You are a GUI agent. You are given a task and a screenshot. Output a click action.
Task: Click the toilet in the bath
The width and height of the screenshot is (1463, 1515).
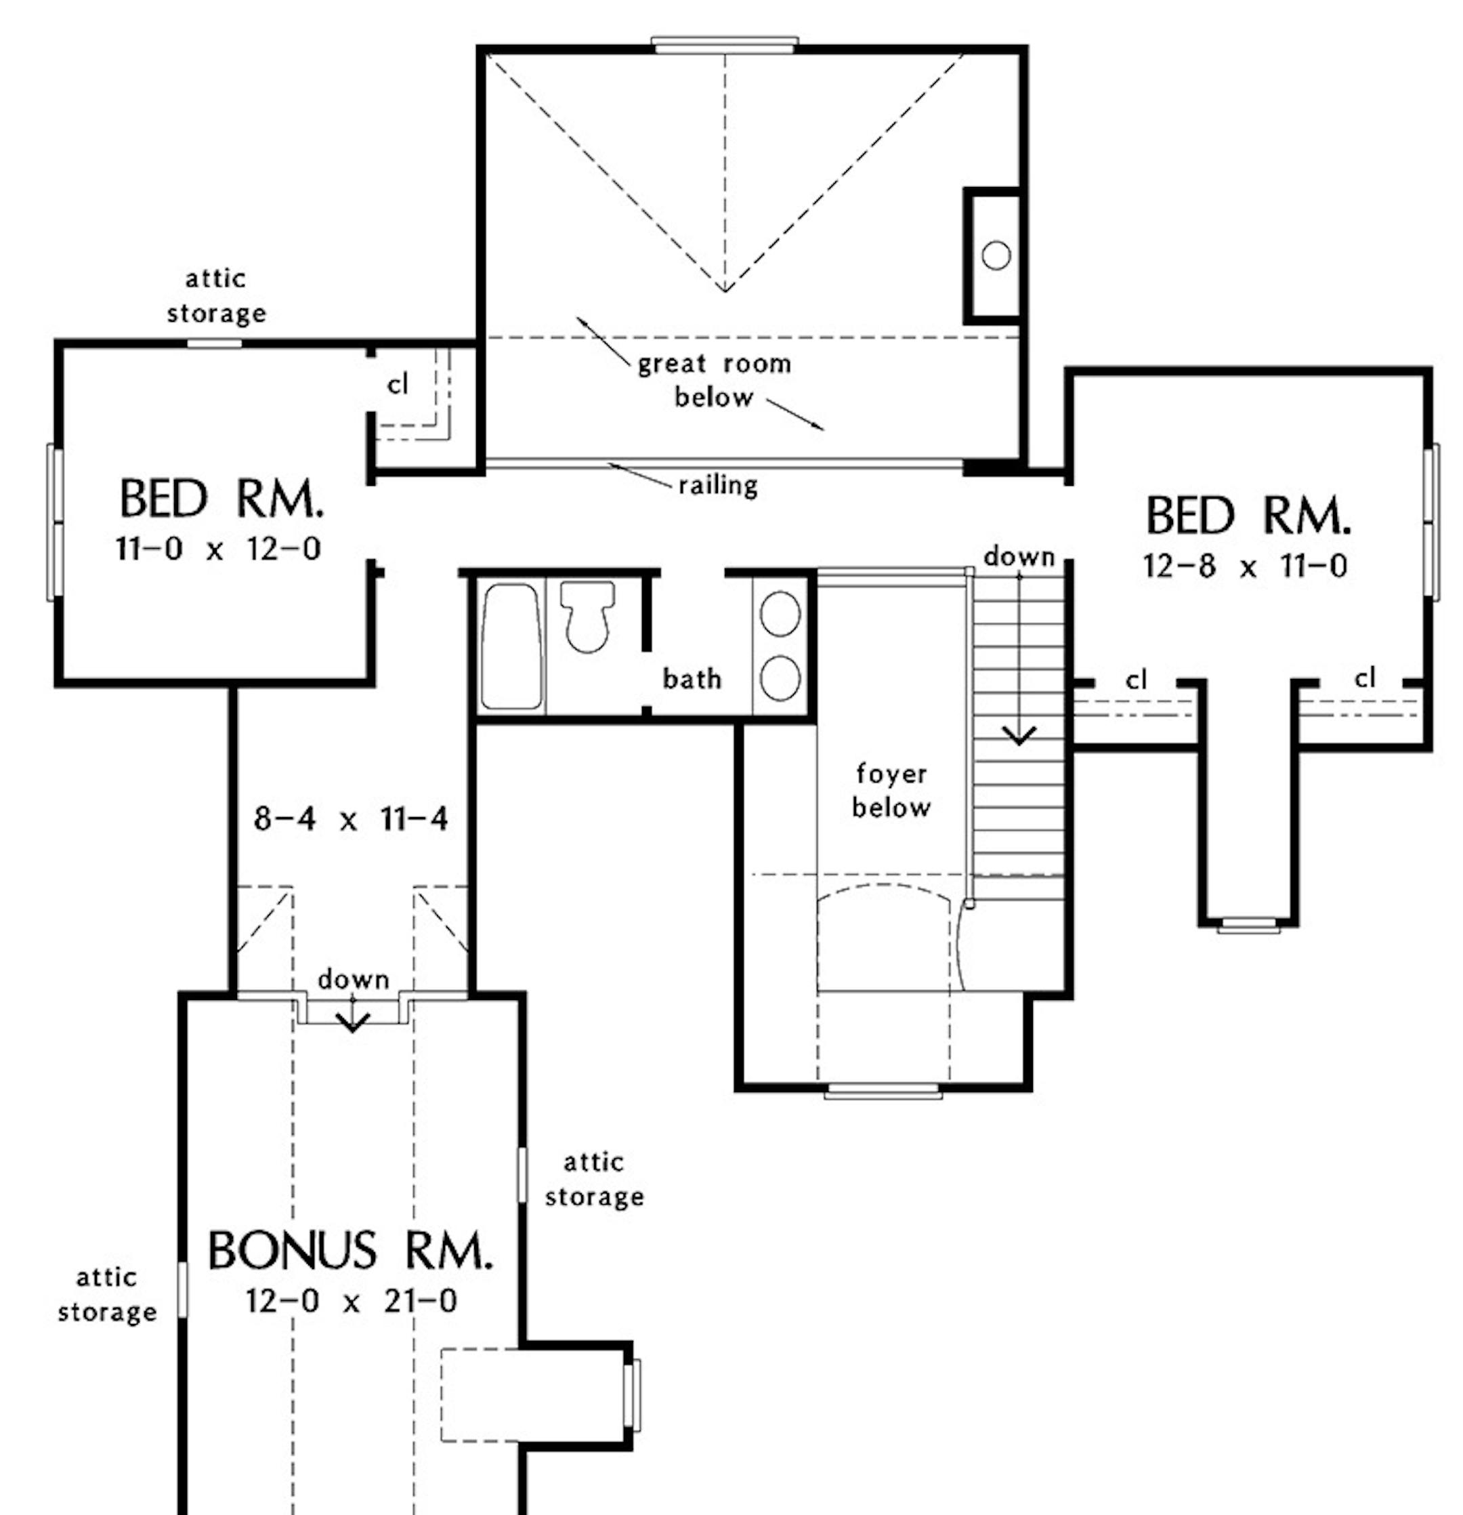point(587,616)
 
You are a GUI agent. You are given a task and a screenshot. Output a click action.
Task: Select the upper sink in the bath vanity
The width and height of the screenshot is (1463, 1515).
point(780,614)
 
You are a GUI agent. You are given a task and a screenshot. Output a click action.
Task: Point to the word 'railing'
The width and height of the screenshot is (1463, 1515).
point(718,485)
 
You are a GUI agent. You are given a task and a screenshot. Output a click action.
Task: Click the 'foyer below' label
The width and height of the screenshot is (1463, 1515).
point(891,791)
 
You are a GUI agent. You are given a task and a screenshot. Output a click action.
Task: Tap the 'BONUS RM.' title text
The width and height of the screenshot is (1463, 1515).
point(350,1251)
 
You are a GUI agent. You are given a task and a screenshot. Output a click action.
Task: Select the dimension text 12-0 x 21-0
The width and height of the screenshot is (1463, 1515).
point(352,1302)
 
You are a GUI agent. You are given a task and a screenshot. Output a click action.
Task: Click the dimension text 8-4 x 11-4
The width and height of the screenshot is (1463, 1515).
point(351,818)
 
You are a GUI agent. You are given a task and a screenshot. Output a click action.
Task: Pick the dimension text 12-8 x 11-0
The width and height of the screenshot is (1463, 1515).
point(1245,566)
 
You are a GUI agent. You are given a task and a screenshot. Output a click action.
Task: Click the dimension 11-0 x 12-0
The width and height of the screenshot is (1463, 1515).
point(218,549)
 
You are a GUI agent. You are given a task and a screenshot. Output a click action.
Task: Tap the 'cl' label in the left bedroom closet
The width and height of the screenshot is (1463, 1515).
point(397,384)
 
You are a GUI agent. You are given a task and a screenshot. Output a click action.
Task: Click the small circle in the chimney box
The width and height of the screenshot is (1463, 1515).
point(996,255)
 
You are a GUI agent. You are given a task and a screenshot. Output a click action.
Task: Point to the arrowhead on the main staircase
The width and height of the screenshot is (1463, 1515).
point(1019,735)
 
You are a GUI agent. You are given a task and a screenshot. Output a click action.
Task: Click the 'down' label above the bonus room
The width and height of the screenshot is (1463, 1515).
point(353,980)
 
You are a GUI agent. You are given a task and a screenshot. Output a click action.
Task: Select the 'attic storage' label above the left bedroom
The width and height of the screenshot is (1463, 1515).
point(216,296)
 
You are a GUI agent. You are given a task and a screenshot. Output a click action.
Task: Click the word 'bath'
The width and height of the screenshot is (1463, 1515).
point(692,680)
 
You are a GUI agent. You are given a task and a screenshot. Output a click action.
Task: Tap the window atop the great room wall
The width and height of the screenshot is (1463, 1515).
point(724,44)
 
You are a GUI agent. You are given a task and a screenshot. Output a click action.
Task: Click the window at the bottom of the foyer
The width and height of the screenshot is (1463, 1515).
point(883,1092)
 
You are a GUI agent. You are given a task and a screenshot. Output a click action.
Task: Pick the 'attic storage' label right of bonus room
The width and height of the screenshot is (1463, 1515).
point(593,1180)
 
